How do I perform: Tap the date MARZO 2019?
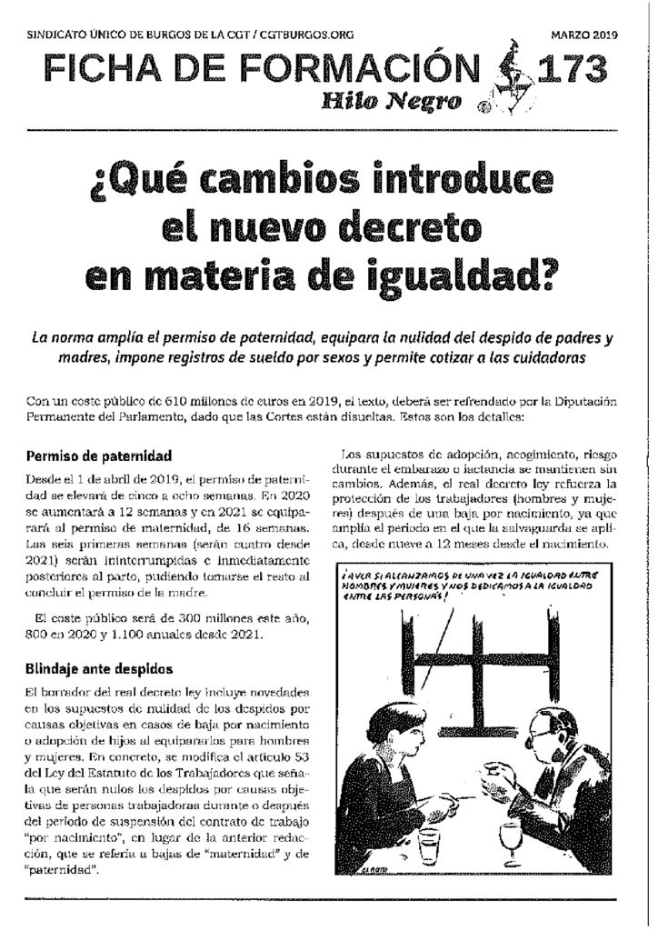click(x=584, y=35)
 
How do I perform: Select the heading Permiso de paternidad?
click(x=99, y=455)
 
